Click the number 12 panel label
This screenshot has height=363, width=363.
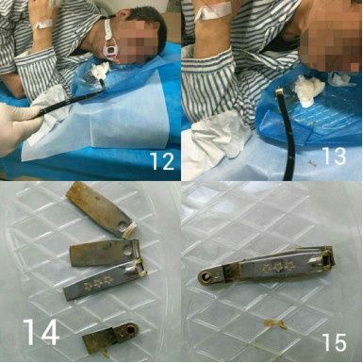tap(162, 161)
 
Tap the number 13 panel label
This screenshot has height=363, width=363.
tap(335, 156)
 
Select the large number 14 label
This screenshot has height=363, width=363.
tap(41, 332)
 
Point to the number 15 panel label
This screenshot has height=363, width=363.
tap(334, 342)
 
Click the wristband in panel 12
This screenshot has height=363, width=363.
tap(43, 24)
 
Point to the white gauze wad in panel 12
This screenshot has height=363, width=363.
tap(100, 71)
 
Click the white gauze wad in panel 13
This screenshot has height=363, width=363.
tap(308, 90)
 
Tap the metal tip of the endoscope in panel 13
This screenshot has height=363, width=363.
tap(279, 91)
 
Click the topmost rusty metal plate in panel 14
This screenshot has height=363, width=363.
tap(100, 209)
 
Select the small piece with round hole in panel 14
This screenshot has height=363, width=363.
tap(110, 337)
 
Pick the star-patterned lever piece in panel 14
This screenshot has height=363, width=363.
tap(104, 281)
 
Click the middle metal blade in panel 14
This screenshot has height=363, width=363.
tap(105, 253)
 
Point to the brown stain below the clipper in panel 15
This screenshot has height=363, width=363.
tap(274, 324)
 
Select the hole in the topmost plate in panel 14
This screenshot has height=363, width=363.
tap(123, 225)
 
